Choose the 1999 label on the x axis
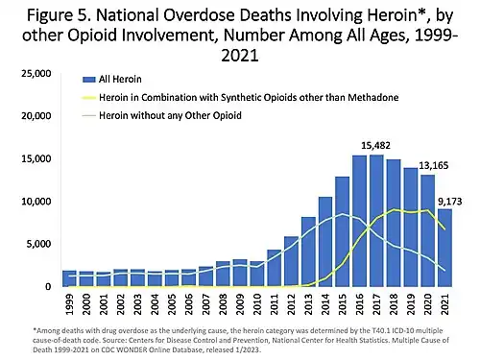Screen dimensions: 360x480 click(67, 305)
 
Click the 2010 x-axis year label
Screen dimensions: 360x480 click(256, 305)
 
